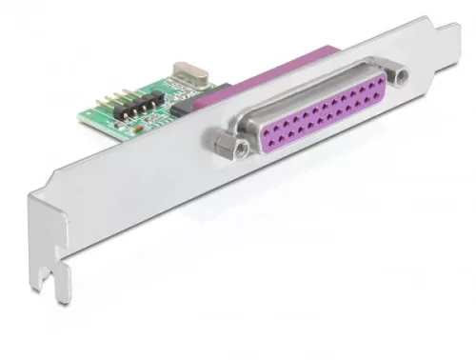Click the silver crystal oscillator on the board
[186, 72]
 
